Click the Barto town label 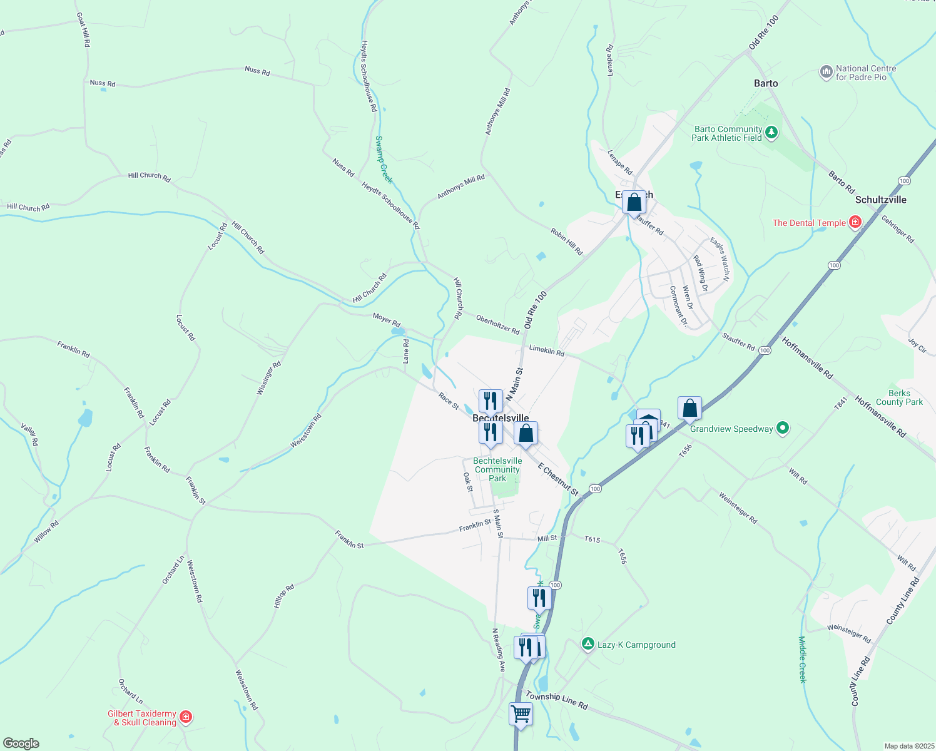[x=766, y=83]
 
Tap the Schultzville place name [x=881, y=200]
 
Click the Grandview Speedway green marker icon [x=782, y=429]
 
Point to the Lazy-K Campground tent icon [x=588, y=644]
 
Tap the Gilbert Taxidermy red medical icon [x=185, y=717]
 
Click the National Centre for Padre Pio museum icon [x=827, y=73]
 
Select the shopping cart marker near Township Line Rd [x=521, y=713]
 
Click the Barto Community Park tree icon [x=772, y=132]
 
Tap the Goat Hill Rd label [x=84, y=30]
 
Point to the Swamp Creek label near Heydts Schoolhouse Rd [x=384, y=160]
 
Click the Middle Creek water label [x=803, y=660]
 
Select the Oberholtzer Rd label [x=497, y=324]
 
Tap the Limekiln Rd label [x=547, y=350]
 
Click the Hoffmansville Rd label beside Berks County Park [x=880, y=416]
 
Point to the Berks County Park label [x=899, y=398]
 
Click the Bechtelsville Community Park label [x=497, y=469]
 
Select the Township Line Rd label [x=557, y=701]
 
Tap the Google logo [x=21, y=743]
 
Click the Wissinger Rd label [x=269, y=378]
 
